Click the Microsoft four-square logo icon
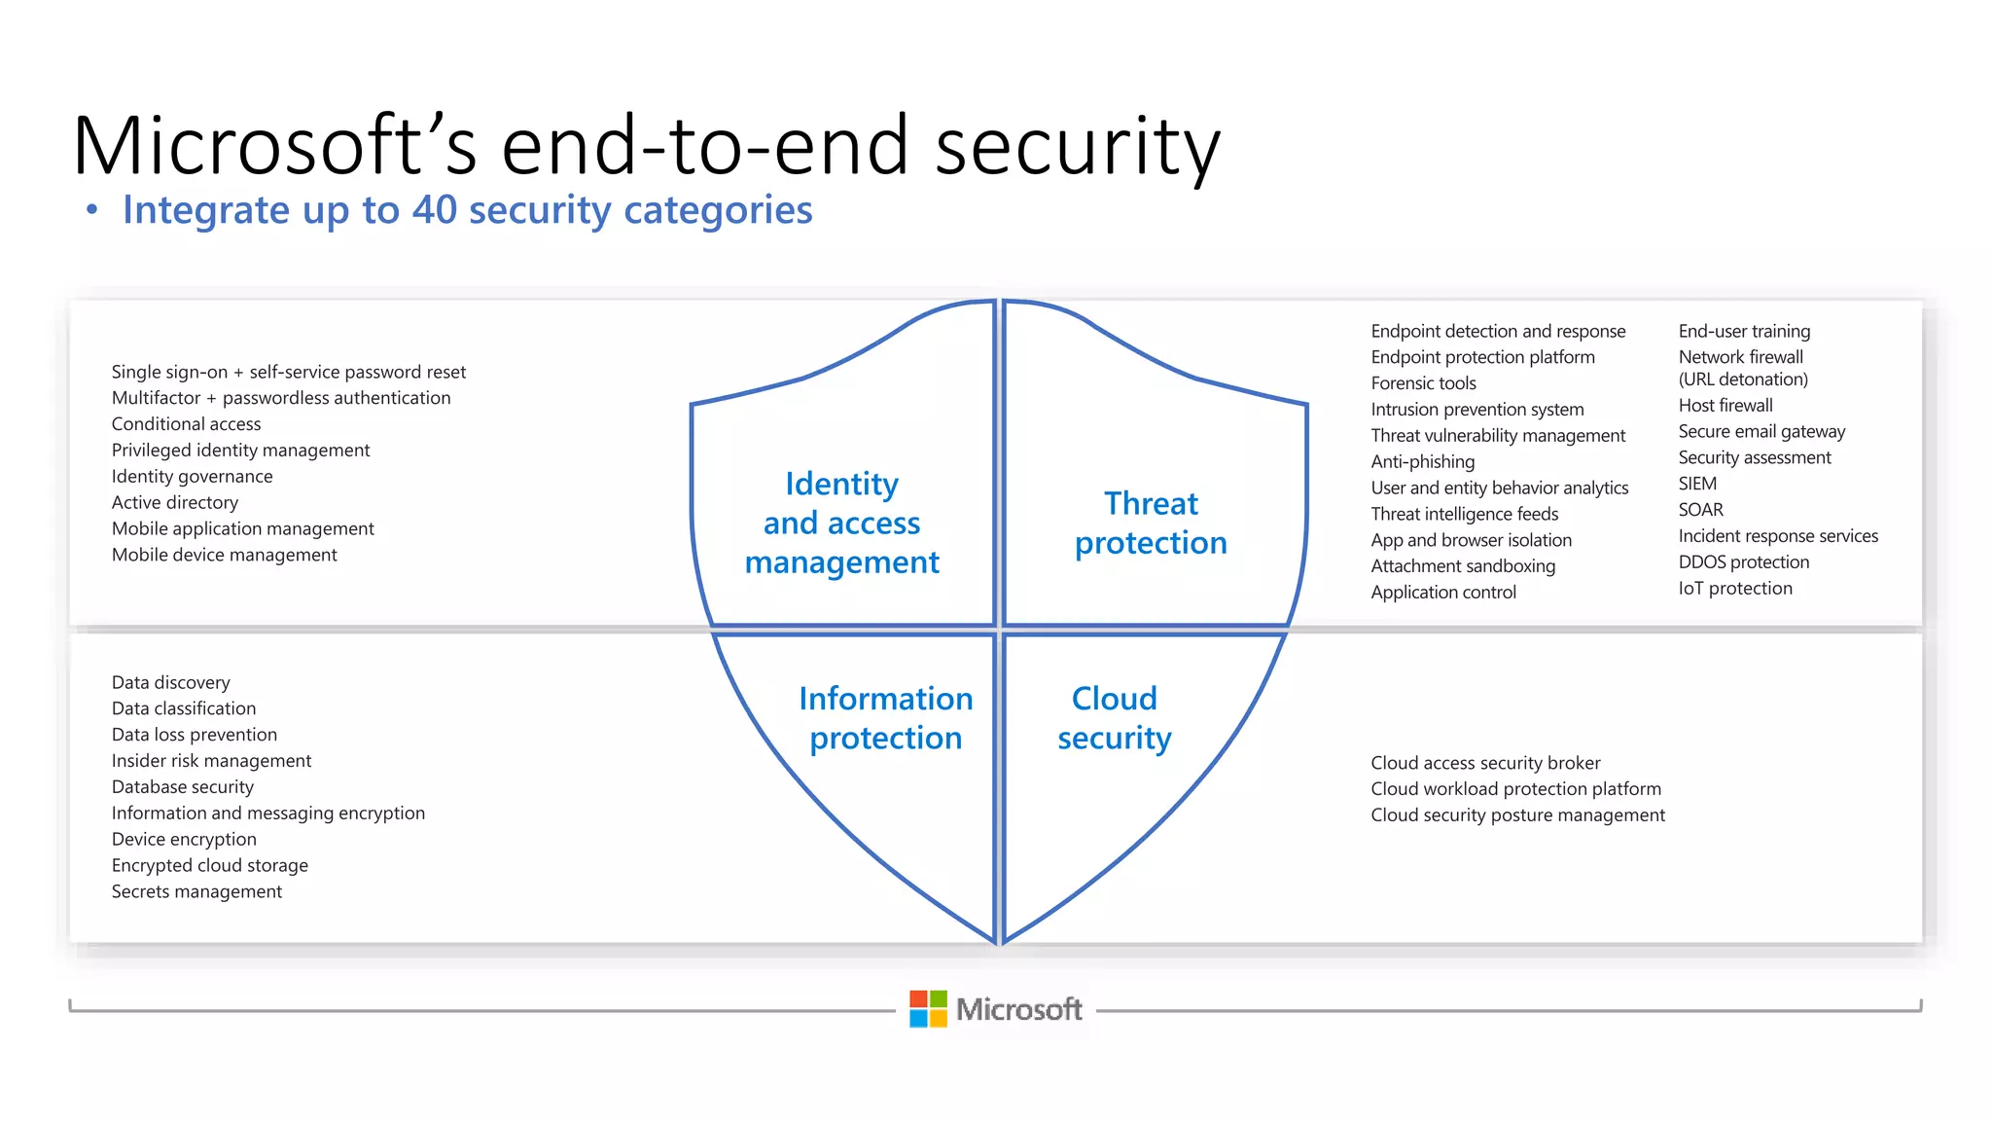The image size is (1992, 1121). tap(928, 1009)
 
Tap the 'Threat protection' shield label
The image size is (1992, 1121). tap(1151, 524)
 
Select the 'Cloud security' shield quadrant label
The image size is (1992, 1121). tap(1115, 718)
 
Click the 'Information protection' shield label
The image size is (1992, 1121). tap(885, 718)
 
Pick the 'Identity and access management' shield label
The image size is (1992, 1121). tap(842, 524)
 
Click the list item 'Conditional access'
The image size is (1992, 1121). tap(186, 424)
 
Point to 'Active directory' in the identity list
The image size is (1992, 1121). tap(175, 503)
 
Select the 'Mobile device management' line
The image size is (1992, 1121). tap(224, 555)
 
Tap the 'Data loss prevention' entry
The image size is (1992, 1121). tap(195, 735)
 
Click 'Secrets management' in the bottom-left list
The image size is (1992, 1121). tap(196, 891)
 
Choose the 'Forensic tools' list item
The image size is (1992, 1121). tap(1423, 383)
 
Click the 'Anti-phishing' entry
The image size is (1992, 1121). tap(1423, 462)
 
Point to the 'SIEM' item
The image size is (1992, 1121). tap(1697, 484)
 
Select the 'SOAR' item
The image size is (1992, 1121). tap(1700, 510)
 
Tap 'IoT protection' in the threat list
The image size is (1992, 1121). tap(1735, 589)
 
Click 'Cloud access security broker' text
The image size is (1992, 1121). tap(1485, 763)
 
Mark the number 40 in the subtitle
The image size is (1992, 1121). tap(435, 210)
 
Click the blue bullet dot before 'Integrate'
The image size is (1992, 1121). tap(92, 210)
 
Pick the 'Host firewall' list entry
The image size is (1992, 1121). tap(1725, 406)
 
